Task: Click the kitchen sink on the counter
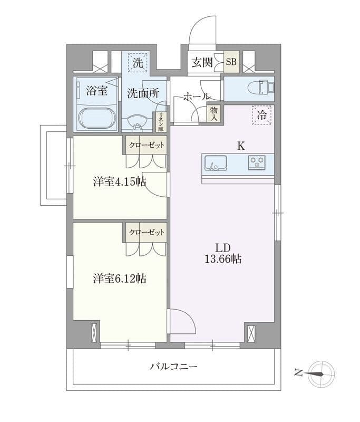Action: click(216, 163)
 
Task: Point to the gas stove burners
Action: click(257, 162)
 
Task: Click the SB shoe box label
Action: click(231, 62)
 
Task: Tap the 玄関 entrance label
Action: click(202, 62)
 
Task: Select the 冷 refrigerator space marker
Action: click(261, 115)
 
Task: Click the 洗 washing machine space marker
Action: click(138, 62)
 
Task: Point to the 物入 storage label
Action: click(214, 113)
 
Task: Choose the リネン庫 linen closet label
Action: click(161, 122)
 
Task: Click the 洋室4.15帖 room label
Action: click(120, 182)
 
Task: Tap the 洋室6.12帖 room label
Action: click(120, 279)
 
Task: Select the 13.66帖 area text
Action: click(223, 259)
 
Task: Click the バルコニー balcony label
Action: click(174, 366)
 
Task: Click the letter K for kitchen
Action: click(241, 146)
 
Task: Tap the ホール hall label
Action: click(197, 97)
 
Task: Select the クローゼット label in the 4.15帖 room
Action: click(147, 146)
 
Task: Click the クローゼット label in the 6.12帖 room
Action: click(147, 232)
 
